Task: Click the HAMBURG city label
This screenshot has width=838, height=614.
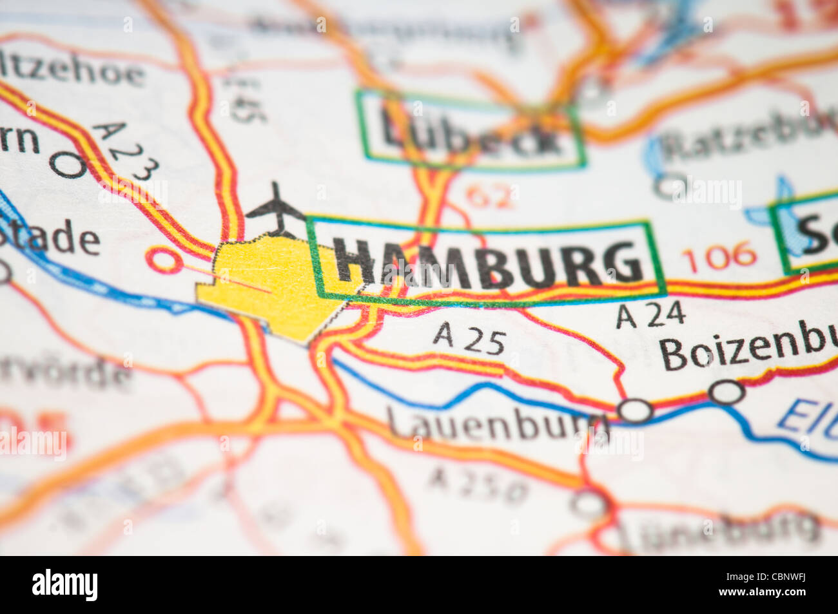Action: coord(488,262)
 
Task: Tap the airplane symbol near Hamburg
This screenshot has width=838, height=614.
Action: coord(276,208)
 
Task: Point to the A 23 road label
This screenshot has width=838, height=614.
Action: coord(126,151)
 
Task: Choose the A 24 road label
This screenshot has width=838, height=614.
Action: coord(649,315)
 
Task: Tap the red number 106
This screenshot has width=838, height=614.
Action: coord(718,256)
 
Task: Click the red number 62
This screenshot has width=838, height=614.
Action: coord(491,196)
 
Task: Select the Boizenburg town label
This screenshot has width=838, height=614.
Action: coord(748,352)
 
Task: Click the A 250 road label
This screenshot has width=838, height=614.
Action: coord(478,485)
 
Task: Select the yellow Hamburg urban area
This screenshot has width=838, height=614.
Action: coord(271,283)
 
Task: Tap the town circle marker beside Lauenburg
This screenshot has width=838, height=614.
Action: coord(634,410)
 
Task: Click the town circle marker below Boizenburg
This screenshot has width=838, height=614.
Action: coord(726,391)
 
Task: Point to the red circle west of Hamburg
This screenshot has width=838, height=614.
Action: coord(164,260)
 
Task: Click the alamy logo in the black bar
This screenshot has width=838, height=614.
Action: coord(65,585)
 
